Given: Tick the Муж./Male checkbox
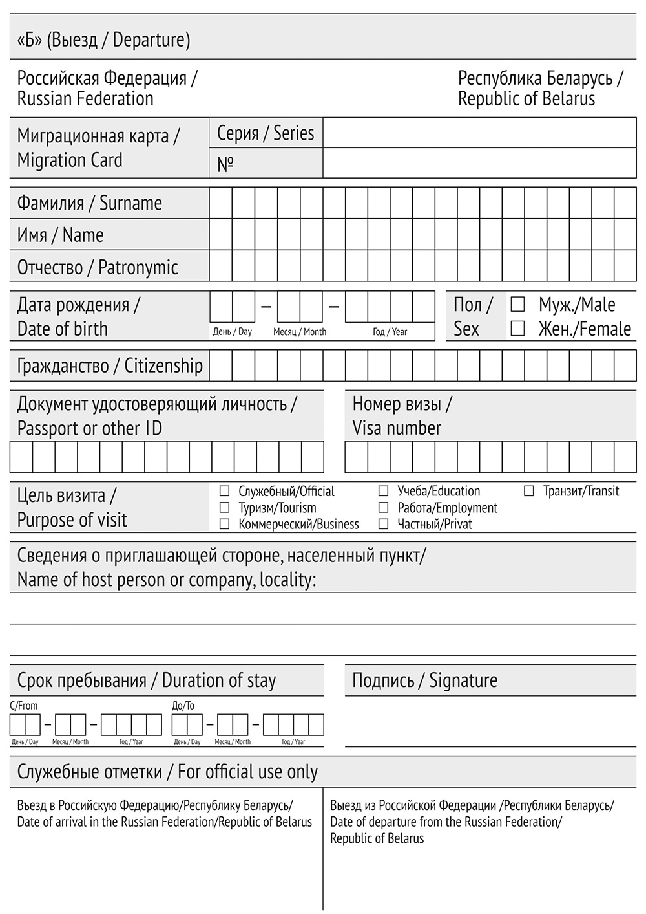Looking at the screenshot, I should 517,304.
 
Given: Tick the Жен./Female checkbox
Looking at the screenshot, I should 517,329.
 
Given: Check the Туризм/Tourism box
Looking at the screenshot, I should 225,508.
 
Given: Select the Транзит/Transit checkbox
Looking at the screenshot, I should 529,492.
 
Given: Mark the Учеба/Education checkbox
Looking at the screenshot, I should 384,492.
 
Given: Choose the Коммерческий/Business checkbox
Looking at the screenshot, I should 225,524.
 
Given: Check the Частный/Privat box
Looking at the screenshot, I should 384,524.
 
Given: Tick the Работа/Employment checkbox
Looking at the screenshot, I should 384,508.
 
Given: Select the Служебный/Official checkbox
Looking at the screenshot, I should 225,492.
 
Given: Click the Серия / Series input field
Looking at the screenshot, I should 479,133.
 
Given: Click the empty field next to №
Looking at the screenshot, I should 479,163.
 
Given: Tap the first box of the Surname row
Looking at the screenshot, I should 220,203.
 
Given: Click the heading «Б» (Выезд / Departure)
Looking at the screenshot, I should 103,40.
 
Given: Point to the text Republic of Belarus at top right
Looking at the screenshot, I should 526,99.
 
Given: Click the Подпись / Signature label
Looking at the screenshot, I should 424,680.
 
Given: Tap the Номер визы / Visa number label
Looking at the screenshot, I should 402,416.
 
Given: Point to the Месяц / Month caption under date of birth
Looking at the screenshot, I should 300,332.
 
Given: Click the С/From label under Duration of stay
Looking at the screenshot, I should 24,706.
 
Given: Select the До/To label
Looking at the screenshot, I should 183,706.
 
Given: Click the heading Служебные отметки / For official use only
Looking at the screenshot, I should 167,772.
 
